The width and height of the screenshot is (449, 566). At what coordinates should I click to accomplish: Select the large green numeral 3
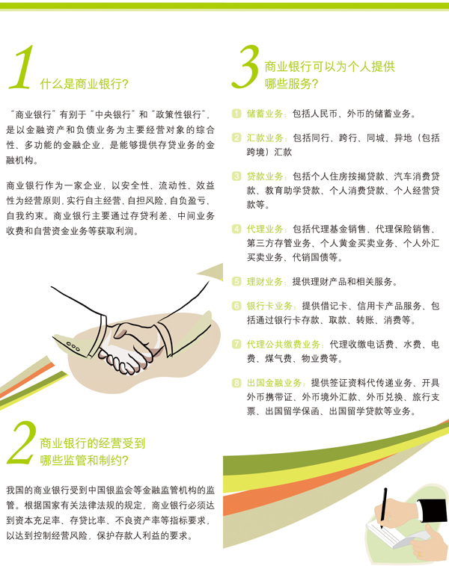[245, 67]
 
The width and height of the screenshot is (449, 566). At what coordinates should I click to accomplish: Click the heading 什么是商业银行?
[84, 84]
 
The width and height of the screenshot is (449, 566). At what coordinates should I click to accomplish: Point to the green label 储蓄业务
[265, 114]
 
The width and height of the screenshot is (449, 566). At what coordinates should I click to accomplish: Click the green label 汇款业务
[265, 138]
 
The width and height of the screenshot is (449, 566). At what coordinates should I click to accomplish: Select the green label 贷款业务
[265, 176]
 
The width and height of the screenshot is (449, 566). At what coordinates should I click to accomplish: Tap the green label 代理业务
[265, 229]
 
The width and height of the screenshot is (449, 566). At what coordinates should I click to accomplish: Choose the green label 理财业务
[265, 282]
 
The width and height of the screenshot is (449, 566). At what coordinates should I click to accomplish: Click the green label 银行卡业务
[269, 306]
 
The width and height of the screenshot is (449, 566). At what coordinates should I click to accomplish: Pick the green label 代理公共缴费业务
[284, 345]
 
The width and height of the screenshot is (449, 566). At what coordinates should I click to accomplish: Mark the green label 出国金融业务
[274, 383]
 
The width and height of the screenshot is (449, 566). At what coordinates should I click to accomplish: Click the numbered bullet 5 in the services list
[236, 282]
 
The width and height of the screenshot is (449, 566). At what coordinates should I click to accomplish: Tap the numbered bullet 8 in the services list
[236, 383]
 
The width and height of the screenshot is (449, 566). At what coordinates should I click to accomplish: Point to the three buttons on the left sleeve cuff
[73, 346]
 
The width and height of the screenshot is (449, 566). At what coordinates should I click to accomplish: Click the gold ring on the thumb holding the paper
[419, 553]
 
